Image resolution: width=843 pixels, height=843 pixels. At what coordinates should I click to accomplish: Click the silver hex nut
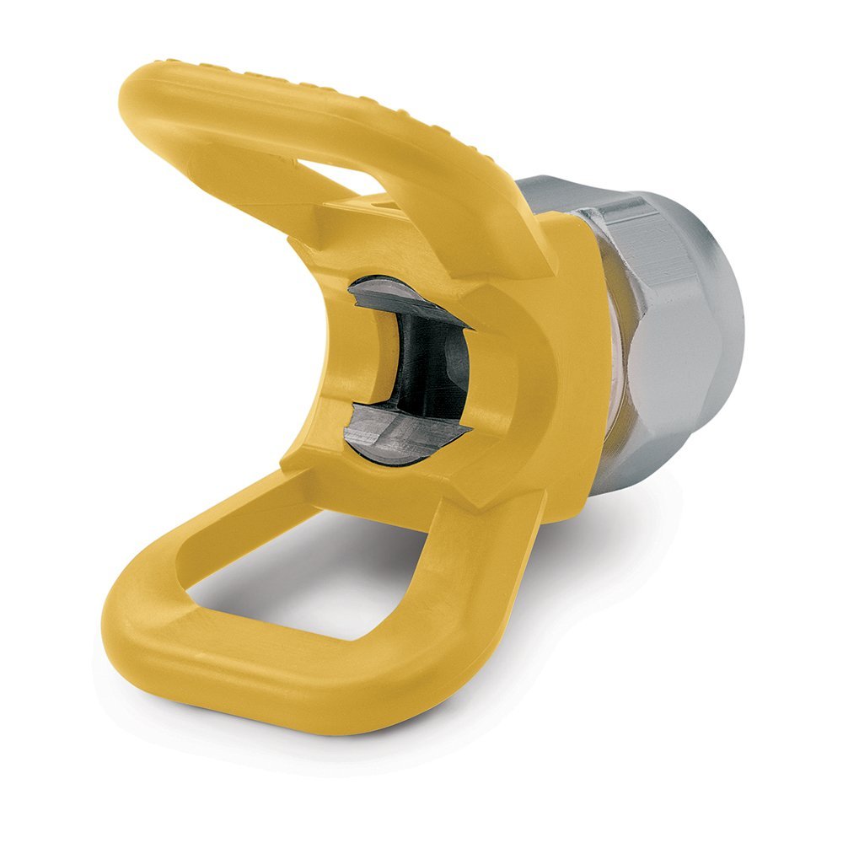(674, 320)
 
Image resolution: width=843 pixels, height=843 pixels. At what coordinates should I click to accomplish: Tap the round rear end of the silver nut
(725, 337)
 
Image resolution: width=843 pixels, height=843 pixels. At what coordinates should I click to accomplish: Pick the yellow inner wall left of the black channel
(362, 362)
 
